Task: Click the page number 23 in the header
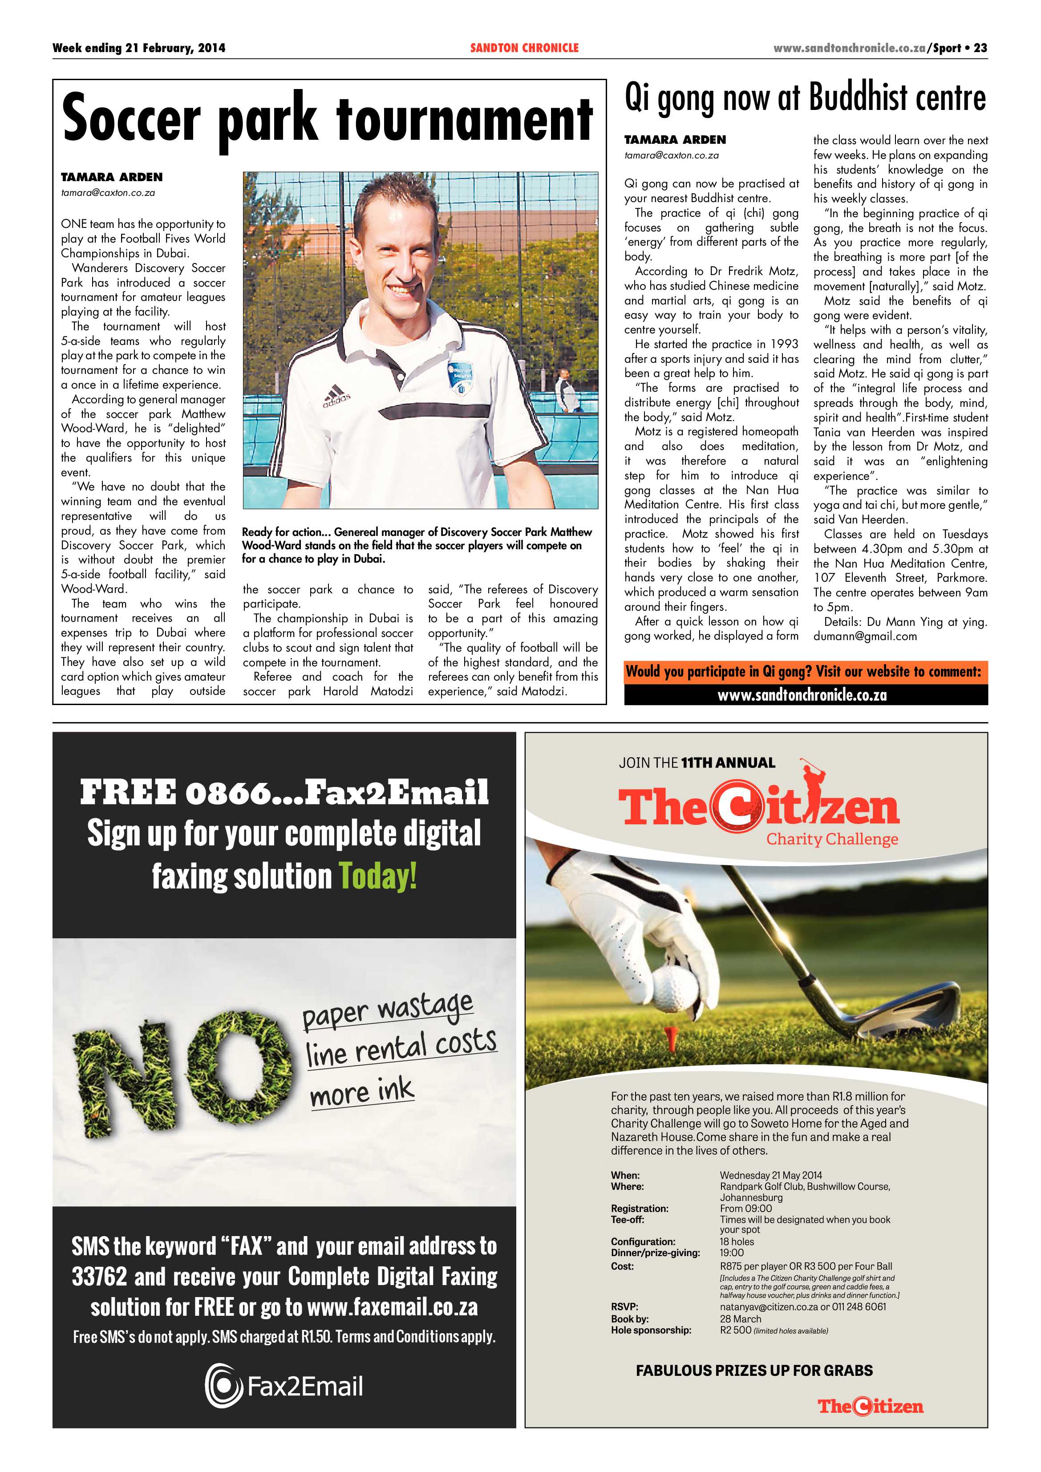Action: tap(980, 48)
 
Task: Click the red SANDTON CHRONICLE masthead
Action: tap(524, 48)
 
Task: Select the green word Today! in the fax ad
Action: tap(377, 876)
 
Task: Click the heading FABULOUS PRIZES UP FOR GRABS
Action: tap(754, 1370)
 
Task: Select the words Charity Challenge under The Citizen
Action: tap(832, 839)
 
